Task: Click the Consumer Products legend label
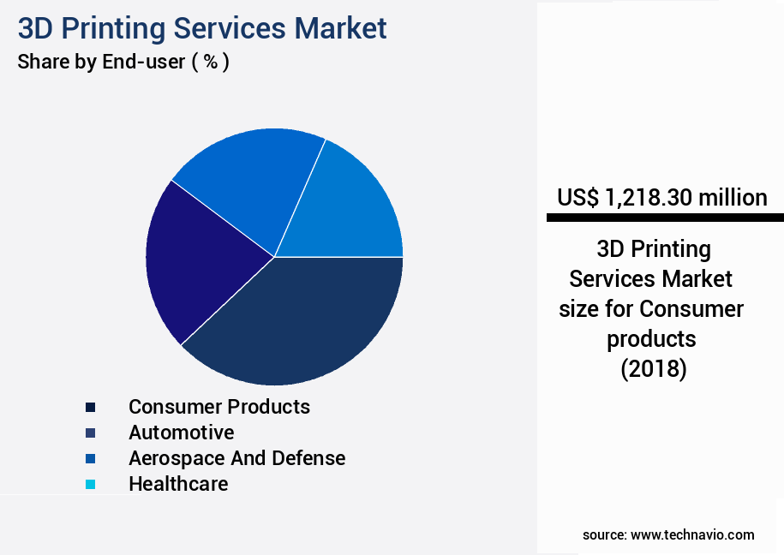click(219, 407)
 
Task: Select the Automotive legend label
click(181, 433)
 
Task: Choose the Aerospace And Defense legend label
click(236, 458)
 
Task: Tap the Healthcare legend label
click(178, 484)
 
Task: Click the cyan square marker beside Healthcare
click(90, 485)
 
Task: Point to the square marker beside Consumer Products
click(90, 408)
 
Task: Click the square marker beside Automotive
click(90, 433)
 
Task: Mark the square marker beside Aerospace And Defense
click(90, 459)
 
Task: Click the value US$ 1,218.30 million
click(662, 198)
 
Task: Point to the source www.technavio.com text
click(668, 534)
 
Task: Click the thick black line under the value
click(665, 218)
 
